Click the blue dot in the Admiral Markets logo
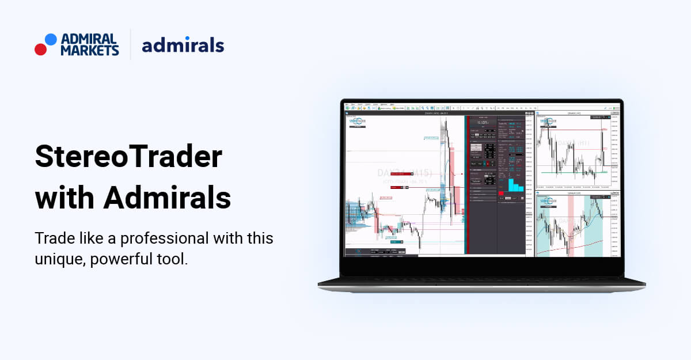(x=51, y=39)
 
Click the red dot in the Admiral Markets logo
(x=40, y=49)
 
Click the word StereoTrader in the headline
(x=128, y=157)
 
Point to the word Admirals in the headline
(x=167, y=198)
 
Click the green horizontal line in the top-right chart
(x=570, y=172)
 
